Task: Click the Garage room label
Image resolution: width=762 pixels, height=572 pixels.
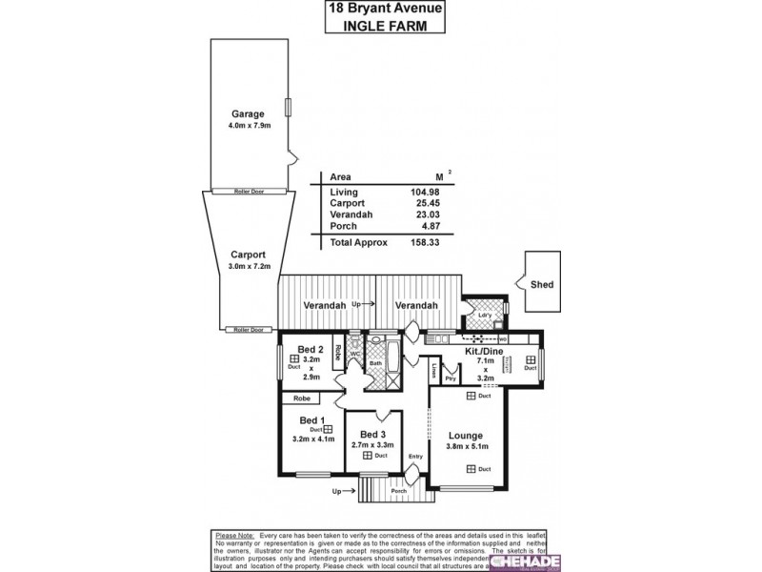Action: (248, 113)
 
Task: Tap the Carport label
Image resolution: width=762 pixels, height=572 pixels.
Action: (247, 255)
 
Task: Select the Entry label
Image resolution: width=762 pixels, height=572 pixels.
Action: (414, 457)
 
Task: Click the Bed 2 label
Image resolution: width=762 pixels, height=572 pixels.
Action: (310, 348)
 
